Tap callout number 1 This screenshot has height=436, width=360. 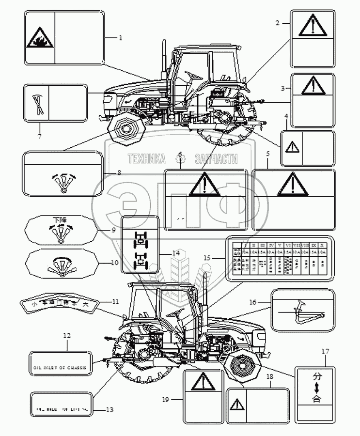tap(121, 37)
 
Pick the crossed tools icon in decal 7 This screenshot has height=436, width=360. tap(36, 105)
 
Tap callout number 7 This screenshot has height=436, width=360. tap(40, 137)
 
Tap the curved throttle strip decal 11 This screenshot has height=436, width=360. tap(60, 304)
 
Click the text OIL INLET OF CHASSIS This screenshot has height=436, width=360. tap(60, 367)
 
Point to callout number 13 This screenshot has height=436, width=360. tap(109, 410)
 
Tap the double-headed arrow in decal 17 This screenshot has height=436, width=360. tap(316, 387)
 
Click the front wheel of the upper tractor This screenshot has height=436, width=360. tap(125, 128)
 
